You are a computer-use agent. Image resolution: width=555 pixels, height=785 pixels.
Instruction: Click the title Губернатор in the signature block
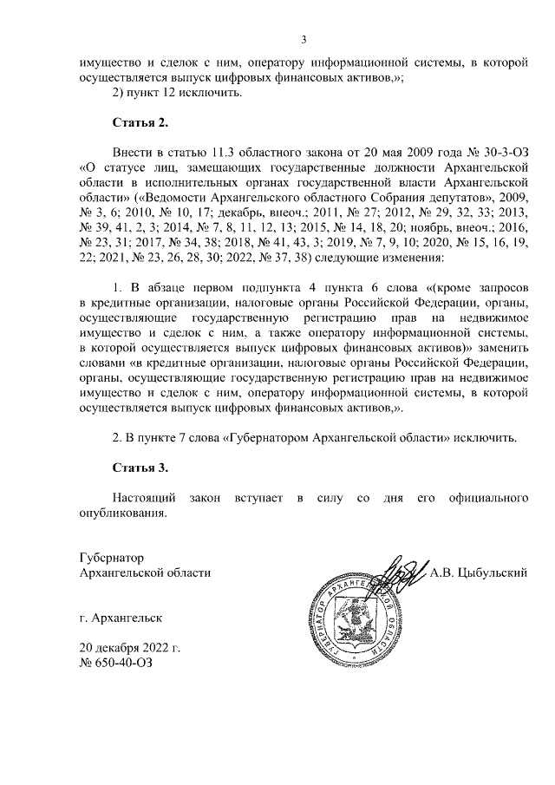(110, 558)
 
